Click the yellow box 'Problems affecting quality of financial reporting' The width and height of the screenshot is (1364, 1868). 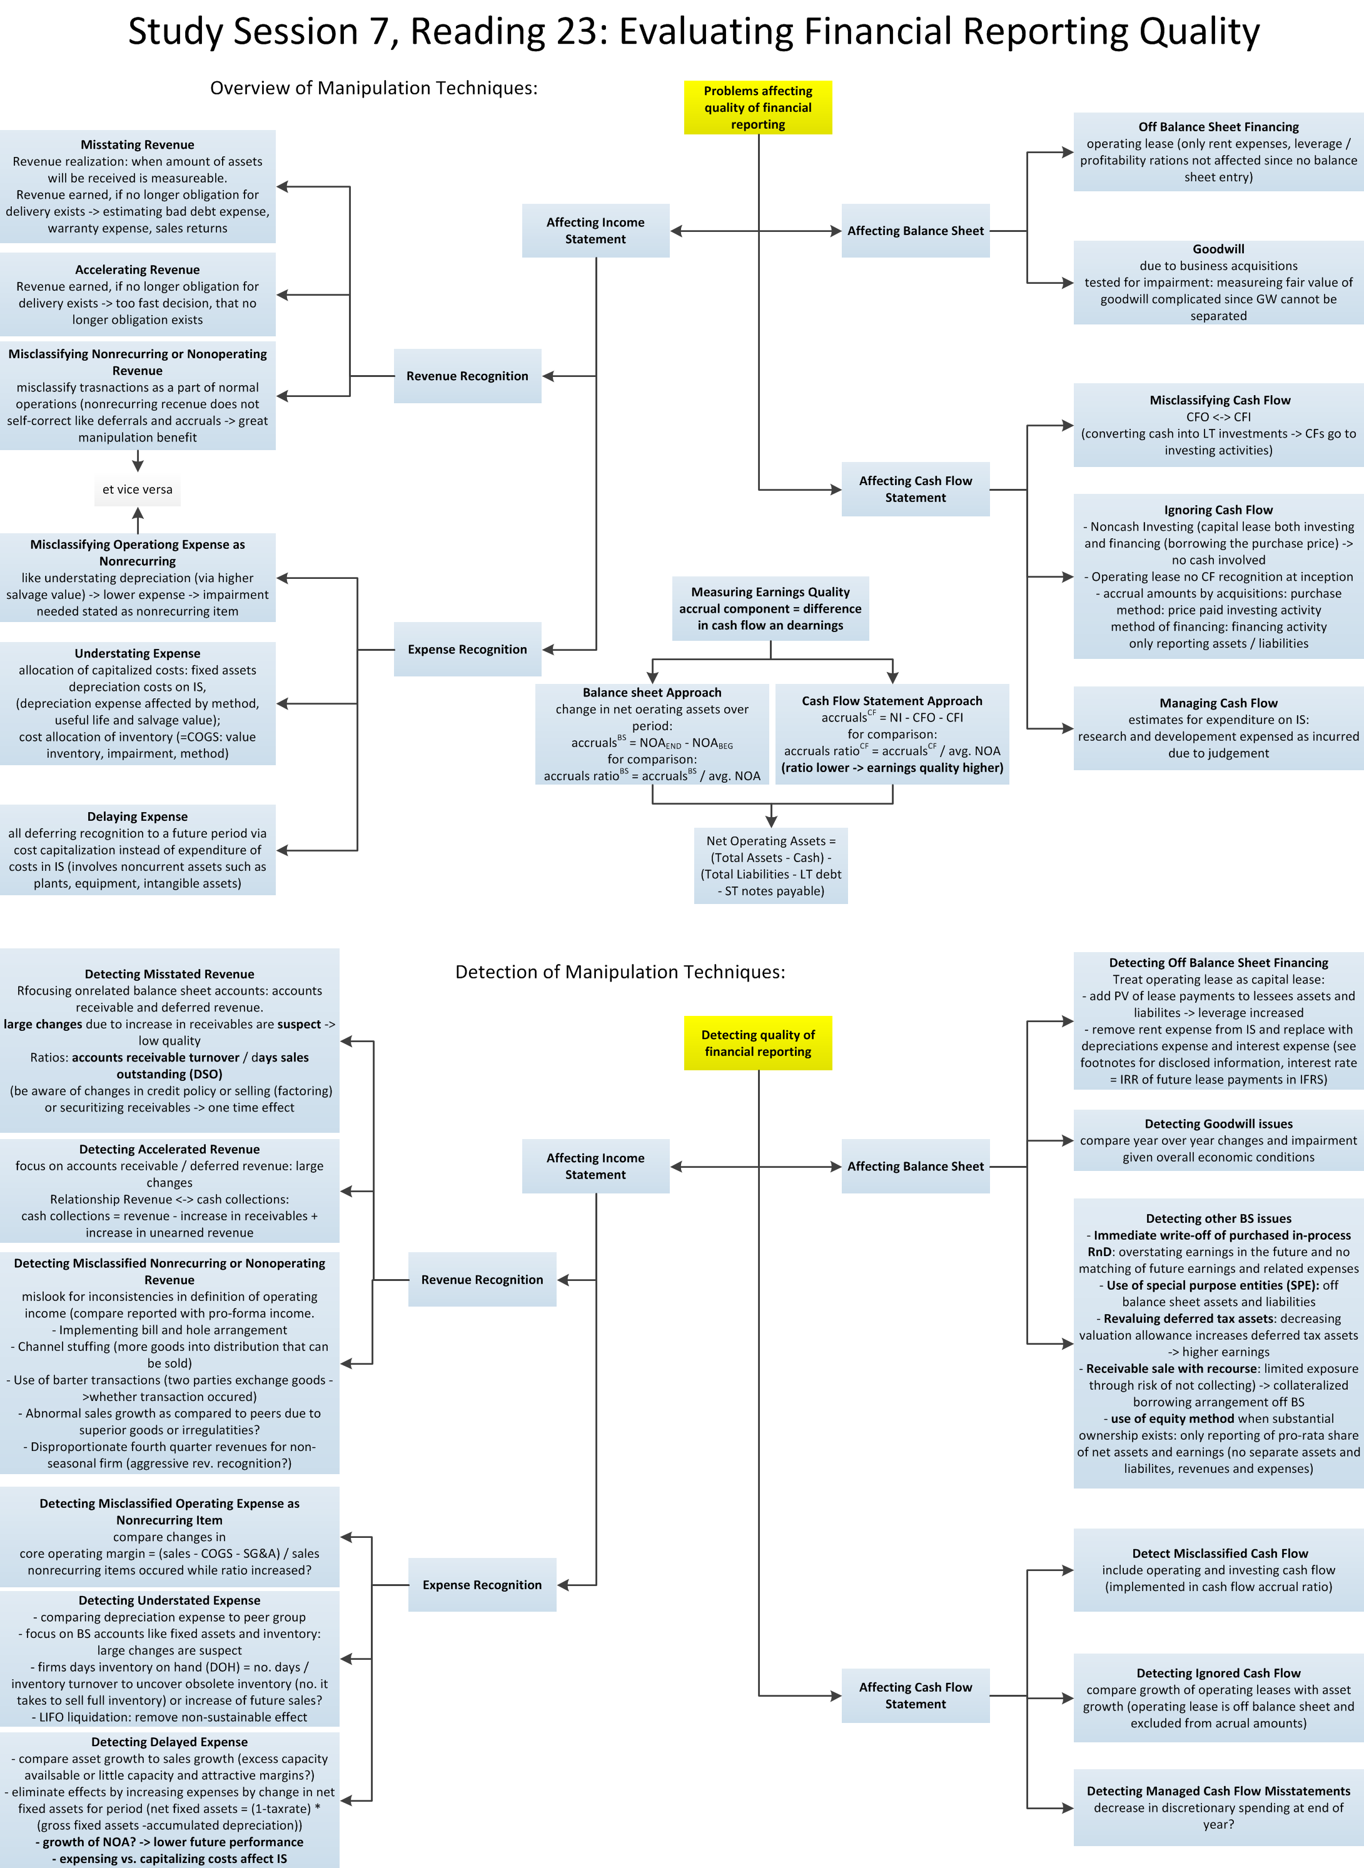tap(757, 108)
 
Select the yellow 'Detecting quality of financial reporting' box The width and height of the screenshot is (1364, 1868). tap(757, 1043)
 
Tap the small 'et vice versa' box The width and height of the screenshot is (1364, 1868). tap(137, 490)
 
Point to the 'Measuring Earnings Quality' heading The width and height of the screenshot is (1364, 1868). tap(770, 592)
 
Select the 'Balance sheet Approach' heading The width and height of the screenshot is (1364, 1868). tap(652, 693)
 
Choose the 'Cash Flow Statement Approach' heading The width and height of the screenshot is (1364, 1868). tap(892, 701)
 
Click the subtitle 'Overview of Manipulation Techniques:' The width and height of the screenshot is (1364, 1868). tap(373, 88)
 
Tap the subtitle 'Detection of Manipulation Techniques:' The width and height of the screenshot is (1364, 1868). tap(620, 972)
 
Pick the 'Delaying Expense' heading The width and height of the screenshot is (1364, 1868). tap(137, 816)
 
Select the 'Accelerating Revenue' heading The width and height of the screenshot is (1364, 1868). tap(137, 270)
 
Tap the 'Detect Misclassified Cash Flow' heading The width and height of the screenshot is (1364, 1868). tap(1220, 1554)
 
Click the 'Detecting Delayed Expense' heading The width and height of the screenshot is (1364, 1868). tap(169, 1742)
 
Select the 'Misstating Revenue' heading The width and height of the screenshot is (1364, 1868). tap(137, 145)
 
